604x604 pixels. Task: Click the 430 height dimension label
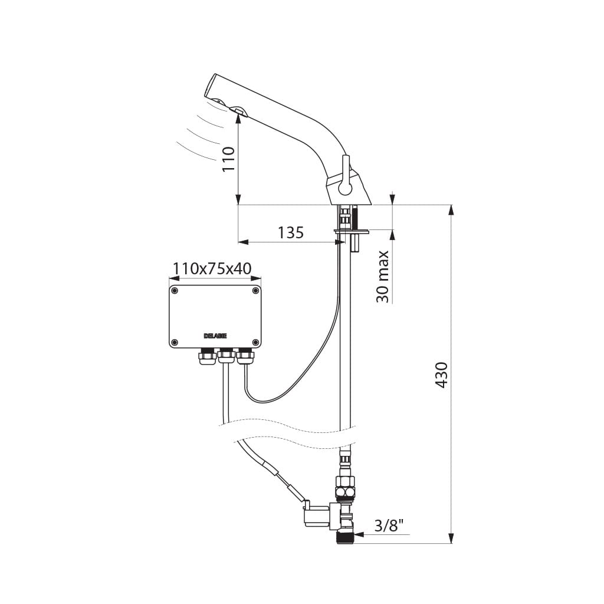coord(441,375)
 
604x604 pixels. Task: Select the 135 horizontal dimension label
coord(291,232)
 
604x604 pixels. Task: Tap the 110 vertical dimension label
coord(229,159)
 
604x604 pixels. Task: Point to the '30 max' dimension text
coord(383,277)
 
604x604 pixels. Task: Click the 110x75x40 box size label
coord(212,268)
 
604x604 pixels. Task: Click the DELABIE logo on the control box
coord(215,336)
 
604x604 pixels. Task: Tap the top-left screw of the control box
coord(175,291)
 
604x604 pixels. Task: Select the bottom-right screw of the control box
coord(255,342)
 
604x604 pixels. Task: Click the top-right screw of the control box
coord(255,291)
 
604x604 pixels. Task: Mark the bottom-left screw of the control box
coord(175,342)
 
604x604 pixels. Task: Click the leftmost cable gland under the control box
coord(207,356)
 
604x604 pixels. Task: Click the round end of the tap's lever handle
coord(344,189)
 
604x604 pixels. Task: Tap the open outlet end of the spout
coord(211,87)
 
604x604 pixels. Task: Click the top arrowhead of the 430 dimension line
coord(451,211)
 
